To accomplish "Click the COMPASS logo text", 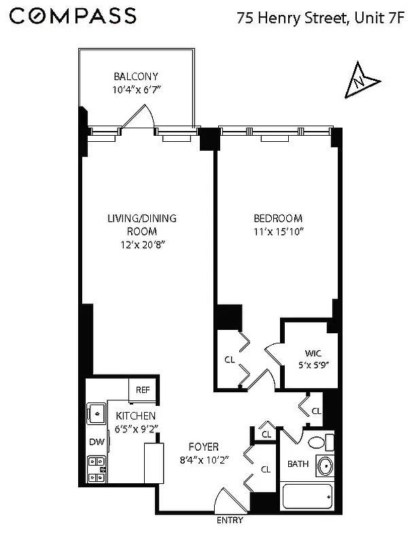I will pyautogui.click(x=73, y=16).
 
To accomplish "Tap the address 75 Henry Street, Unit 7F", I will pyautogui.click(x=320, y=18).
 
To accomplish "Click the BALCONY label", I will pyautogui.click(x=137, y=77).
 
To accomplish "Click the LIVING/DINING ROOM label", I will pyautogui.click(x=141, y=225).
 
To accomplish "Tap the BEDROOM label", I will pyautogui.click(x=277, y=219).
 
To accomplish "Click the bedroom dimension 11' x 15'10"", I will pyautogui.click(x=277, y=231).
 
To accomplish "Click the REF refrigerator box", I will pyautogui.click(x=143, y=390).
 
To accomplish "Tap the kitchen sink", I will pyautogui.click(x=95, y=413).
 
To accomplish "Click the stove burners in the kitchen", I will pyautogui.click(x=95, y=468).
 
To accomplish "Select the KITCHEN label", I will pyautogui.click(x=135, y=415).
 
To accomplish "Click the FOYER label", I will pyautogui.click(x=204, y=447).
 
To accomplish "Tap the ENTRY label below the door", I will pyautogui.click(x=229, y=521).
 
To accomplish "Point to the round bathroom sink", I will pyautogui.click(x=325, y=466).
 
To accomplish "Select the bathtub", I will pyautogui.click(x=307, y=497).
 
